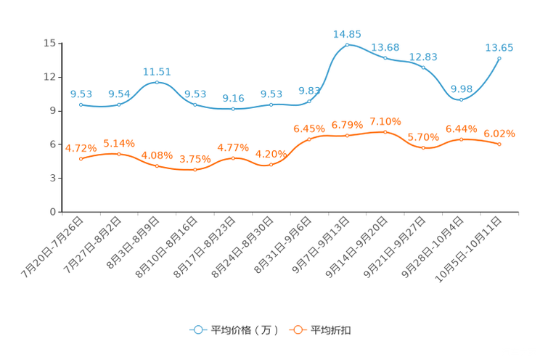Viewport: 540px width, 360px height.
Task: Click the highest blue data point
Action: point(347,45)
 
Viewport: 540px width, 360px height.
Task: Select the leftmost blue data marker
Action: point(81,105)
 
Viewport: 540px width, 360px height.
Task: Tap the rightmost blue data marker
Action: point(499,57)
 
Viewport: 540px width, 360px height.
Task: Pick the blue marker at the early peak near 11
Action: point(157,82)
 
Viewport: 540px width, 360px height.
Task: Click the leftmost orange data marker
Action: point(81,157)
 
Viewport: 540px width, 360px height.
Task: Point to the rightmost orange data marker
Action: point(499,144)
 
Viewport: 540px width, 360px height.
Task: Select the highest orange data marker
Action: point(385,131)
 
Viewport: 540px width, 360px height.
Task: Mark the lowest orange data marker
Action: point(195,169)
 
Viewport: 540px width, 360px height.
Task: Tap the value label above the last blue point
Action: point(499,47)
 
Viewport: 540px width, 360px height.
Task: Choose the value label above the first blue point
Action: point(81,94)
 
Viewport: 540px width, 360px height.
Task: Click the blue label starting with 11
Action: point(157,71)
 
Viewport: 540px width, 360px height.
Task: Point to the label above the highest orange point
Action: point(385,120)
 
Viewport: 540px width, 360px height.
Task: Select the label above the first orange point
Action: point(81,147)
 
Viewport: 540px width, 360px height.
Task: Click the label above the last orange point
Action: point(499,134)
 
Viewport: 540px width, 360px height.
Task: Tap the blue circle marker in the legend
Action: point(197,330)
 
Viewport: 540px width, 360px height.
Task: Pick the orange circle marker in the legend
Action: point(297,330)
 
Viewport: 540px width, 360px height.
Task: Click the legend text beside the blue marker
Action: point(245,330)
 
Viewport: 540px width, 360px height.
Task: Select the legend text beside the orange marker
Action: point(331,330)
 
